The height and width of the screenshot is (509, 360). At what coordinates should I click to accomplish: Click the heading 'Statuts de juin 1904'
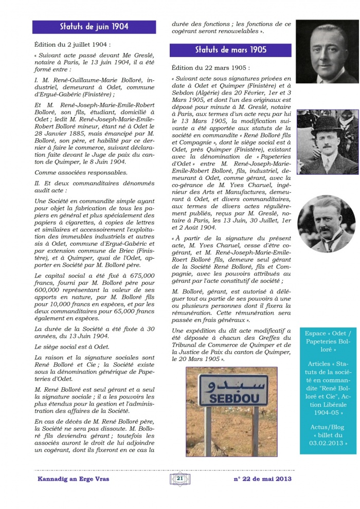tap(94, 27)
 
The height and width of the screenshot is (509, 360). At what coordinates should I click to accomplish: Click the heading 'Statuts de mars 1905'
tap(230, 50)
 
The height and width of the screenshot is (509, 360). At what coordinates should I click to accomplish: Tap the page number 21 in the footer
tap(179, 479)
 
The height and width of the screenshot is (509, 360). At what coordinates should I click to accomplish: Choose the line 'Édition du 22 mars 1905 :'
tap(211, 67)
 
